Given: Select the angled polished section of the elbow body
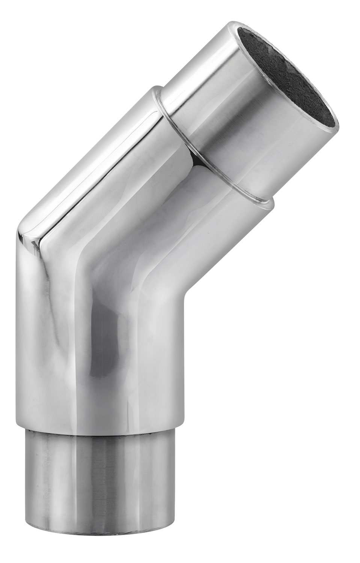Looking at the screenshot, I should pos(150,169).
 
